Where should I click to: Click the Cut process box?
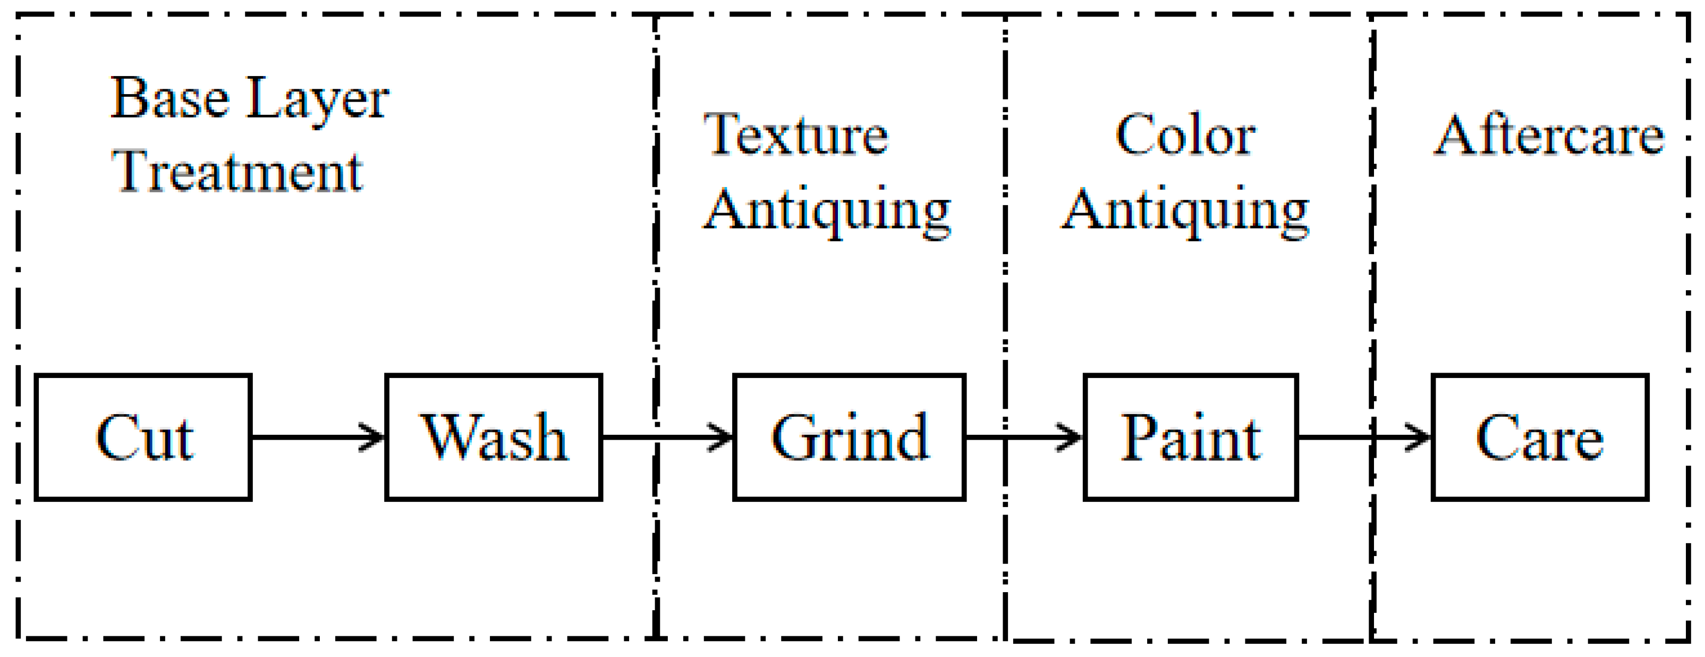click(143, 437)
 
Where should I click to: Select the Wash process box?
click(494, 437)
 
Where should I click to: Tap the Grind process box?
click(849, 437)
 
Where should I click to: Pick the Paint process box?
click(1191, 437)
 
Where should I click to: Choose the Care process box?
click(1540, 437)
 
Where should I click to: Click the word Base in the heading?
click(170, 99)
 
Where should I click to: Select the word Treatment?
click(237, 172)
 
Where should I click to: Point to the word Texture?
click(796, 135)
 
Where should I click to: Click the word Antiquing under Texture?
click(827, 210)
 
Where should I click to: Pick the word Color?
click(1185, 135)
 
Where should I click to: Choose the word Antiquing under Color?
click(1185, 210)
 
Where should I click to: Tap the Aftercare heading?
click(1549, 135)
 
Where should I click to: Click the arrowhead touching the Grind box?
click(722, 437)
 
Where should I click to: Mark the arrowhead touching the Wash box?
click(372, 437)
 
